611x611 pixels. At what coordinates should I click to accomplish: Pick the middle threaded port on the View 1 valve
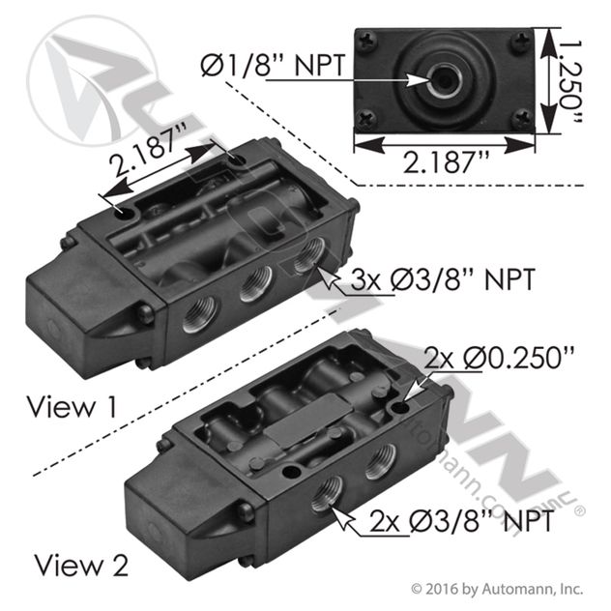pos(255,286)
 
